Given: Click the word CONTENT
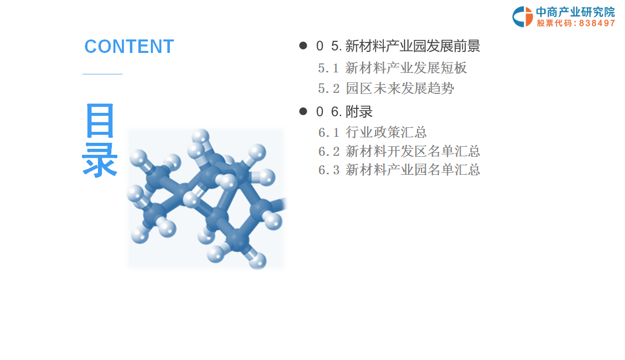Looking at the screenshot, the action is pyautogui.click(x=129, y=46).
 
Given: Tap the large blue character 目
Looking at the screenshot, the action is pyautogui.click(x=100, y=120).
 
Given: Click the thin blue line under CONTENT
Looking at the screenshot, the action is pyautogui.click(x=102, y=74).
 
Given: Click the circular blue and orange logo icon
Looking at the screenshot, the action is pyautogui.click(x=523, y=17).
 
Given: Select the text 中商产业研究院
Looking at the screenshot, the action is pyautogui.click(x=576, y=12).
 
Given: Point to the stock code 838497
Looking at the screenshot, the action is pyautogui.click(x=597, y=23).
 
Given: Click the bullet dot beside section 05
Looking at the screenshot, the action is pyautogui.click(x=303, y=45).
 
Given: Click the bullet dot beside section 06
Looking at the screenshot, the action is pyautogui.click(x=303, y=111).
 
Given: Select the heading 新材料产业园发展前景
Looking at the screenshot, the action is pyautogui.click(x=412, y=46).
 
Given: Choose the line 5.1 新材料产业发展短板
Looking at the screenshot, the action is pyautogui.click(x=392, y=68).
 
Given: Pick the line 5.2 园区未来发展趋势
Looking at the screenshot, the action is pyautogui.click(x=386, y=88).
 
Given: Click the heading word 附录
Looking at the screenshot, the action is pyautogui.click(x=359, y=111).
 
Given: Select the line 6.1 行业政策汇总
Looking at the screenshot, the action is pyautogui.click(x=372, y=132).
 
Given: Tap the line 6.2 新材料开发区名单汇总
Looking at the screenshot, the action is pyautogui.click(x=399, y=151).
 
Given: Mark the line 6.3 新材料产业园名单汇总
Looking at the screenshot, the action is pyautogui.click(x=399, y=170).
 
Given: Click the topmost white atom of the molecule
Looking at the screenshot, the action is pyautogui.click(x=201, y=137).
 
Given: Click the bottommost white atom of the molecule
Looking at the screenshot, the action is pyautogui.click(x=257, y=261).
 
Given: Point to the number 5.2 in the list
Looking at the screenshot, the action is pyautogui.click(x=329, y=89).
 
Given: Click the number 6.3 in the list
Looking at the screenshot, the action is pyautogui.click(x=329, y=170).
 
